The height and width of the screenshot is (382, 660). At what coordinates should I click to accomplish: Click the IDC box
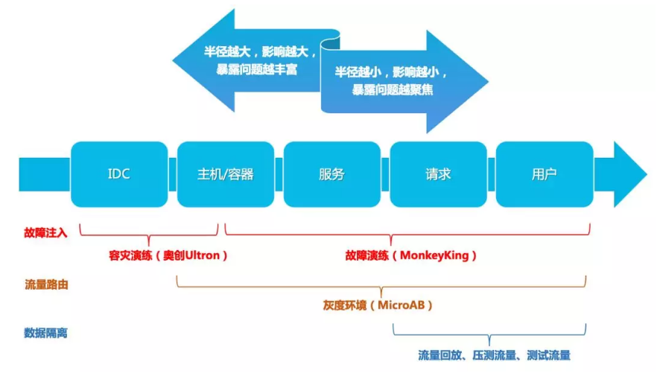tap(118, 174)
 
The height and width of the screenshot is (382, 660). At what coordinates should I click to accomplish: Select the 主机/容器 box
tap(225, 174)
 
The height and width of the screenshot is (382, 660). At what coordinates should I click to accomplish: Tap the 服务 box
tap(331, 174)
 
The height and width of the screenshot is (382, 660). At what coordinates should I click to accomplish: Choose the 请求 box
tap(438, 174)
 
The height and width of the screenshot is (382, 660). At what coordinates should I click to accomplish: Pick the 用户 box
tap(544, 174)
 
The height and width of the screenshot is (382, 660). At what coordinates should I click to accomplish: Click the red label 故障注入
tap(45, 232)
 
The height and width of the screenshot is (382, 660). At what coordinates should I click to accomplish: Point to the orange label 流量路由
tap(45, 284)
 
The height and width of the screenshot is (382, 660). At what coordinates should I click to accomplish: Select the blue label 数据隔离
tap(45, 332)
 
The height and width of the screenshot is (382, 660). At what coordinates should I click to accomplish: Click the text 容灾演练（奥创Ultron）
tap(168, 255)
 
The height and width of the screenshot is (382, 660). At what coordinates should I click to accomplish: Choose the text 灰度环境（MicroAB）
tap(378, 305)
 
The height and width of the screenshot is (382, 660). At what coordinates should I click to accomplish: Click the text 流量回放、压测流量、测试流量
tap(495, 356)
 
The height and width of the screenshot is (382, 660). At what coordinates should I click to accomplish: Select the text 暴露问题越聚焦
tap(393, 89)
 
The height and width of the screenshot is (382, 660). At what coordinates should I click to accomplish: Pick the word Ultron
tap(203, 255)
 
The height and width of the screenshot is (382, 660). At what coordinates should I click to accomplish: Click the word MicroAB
tap(402, 305)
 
